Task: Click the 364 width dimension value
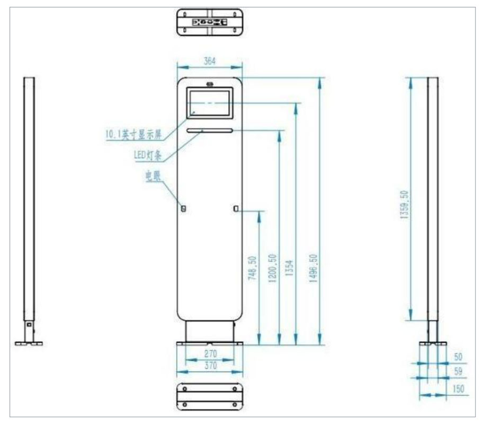pos(210,61)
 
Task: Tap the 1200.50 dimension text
pos(272,267)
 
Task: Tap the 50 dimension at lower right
pos(459,357)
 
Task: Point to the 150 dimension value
pos(459,389)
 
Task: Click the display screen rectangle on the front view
pos(209,103)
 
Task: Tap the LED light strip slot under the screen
pos(209,131)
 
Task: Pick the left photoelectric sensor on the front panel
pos(184,208)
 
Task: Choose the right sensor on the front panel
pos(235,208)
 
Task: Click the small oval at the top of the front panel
pos(210,83)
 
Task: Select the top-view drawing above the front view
pos(209,22)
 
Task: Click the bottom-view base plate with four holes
pos(209,395)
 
